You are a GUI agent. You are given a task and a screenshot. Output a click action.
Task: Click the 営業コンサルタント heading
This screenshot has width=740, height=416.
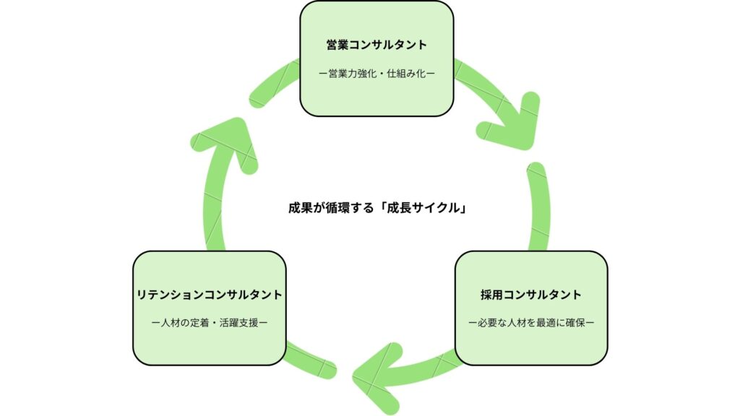[377, 45]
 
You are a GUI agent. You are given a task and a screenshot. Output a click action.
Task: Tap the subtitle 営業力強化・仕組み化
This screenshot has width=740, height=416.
[377, 73]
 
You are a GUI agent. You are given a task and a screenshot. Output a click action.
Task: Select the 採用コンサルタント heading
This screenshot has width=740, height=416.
[530, 295]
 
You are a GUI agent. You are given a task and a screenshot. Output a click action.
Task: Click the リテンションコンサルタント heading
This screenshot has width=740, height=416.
[209, 295]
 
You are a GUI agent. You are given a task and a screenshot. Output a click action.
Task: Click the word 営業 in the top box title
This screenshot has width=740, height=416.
[337, 45]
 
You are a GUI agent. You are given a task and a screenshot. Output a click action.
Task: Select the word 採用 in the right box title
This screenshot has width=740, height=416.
[491, 295]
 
